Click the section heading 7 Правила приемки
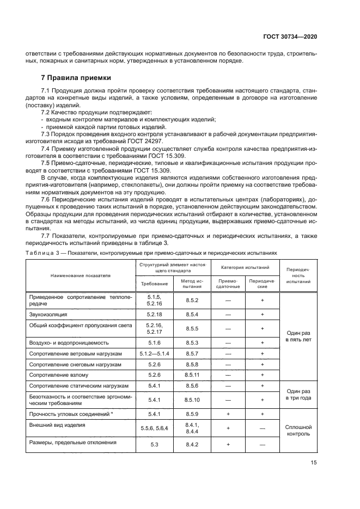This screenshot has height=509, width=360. pyautogui.click(x=76, y=78)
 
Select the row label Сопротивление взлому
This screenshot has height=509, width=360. pyautogui.click(x=58, y=375)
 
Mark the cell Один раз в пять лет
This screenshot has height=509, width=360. pyautogui.click(x=298, y=335)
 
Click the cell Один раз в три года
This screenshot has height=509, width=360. pyautogui.click(x=298, y=394)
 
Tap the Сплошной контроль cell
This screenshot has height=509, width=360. pyautogui.click(x=298, y=431)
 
